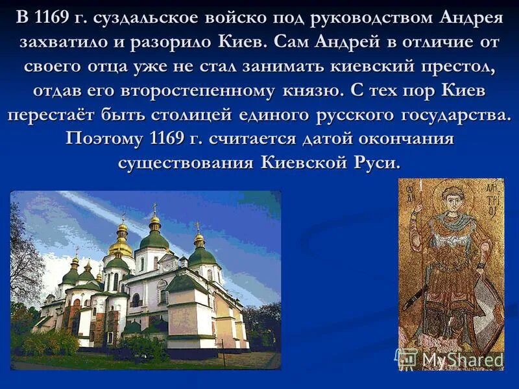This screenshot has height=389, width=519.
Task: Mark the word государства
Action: pos(448,115)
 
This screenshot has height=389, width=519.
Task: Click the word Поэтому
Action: pos(105,139)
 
